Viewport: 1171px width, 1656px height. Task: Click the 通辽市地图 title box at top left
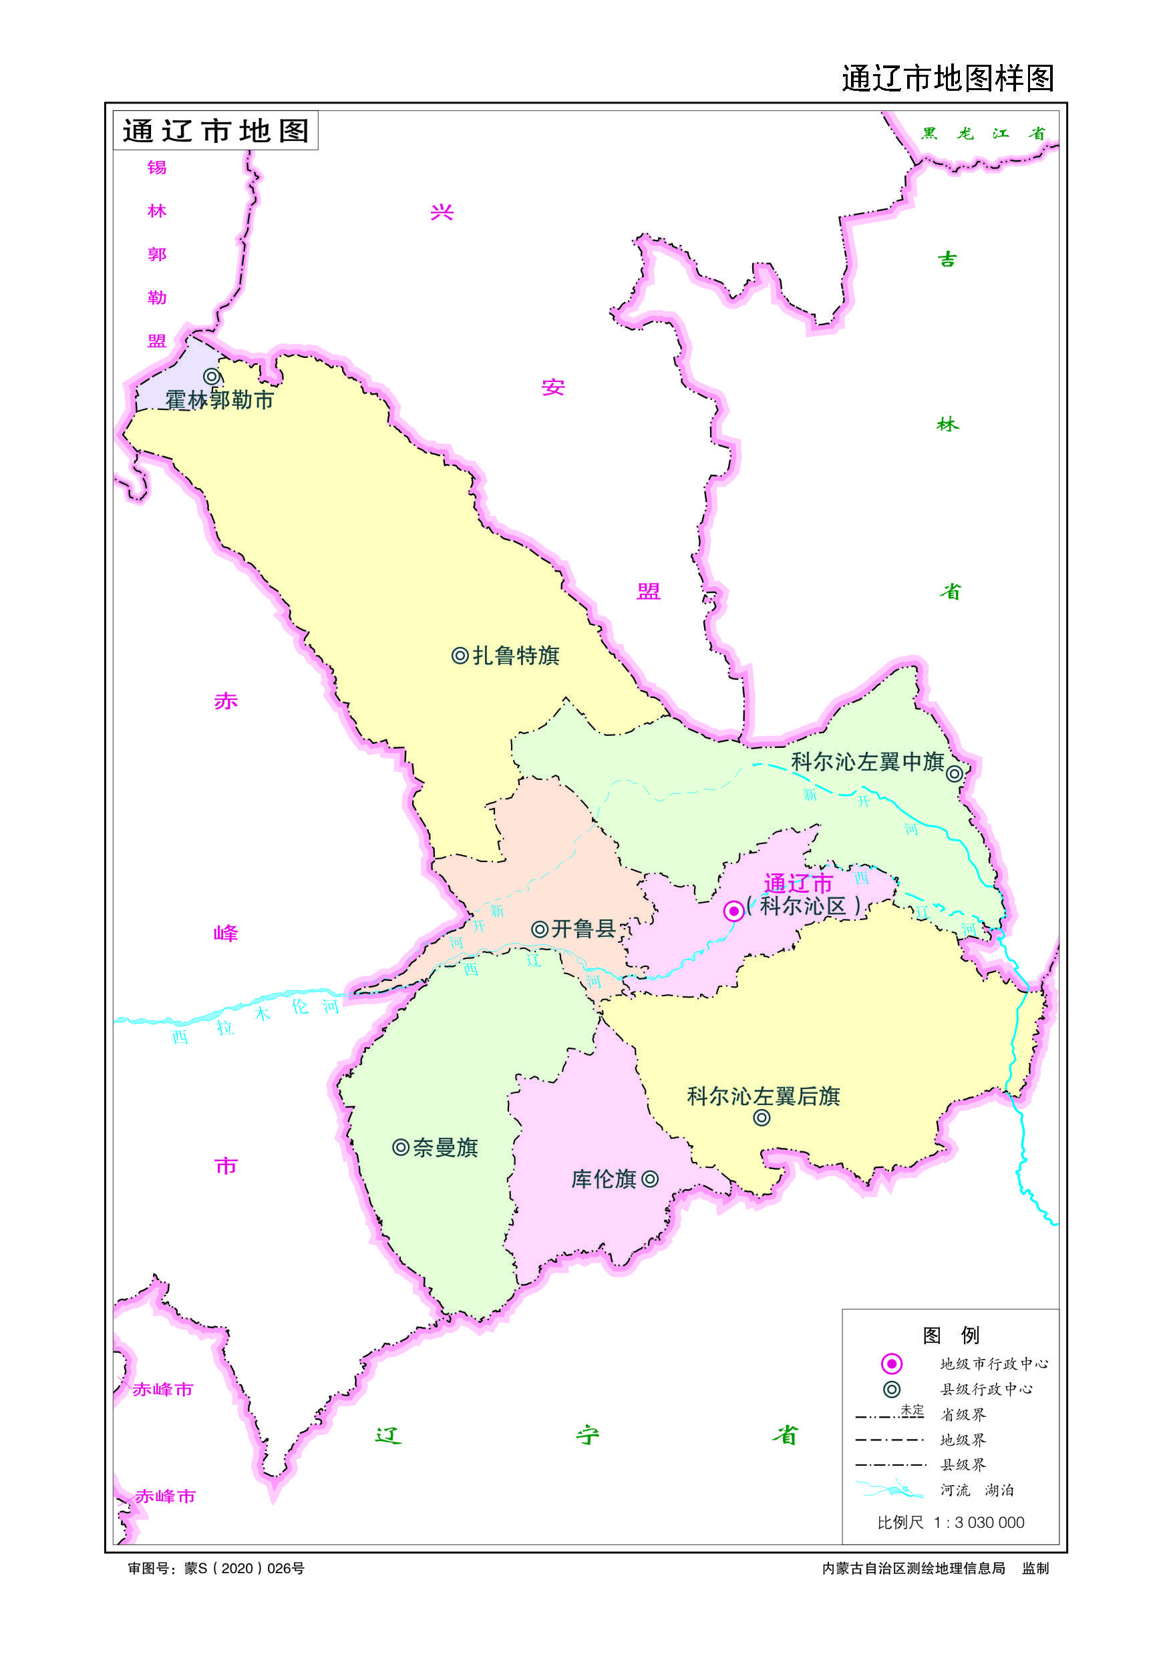click(x=215, y=131)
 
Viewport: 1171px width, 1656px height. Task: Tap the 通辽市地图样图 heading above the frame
click(x=947, y=78)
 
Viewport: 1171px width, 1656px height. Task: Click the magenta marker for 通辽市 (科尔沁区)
click(x=733, y=911)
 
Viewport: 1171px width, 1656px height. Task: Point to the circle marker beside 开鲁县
click(x=539, y=929)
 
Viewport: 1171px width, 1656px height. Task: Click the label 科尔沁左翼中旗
click(x=867, y=762)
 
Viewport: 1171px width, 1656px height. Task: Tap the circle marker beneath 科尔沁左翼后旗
click(x=762, y=1118)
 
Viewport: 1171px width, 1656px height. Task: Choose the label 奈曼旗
click(x=445, y=1148)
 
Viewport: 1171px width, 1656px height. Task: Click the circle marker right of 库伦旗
click(x=649, y=1179)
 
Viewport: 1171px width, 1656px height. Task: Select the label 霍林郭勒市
click(x=219, y=399)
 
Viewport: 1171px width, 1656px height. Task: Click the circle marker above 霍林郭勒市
click(x=211, y=377)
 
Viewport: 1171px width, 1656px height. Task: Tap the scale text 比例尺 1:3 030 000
click(x=950, y=1522)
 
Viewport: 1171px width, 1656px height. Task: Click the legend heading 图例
click(x=950, y=1335)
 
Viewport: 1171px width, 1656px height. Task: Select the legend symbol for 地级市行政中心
click(x=892, y=1363)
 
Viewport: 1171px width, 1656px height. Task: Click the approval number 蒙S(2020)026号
click(x=216, y=1568)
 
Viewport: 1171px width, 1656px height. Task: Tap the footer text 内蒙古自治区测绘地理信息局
click(x=912, y=1568)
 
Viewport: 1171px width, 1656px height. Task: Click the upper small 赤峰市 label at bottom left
click(x=163, y=1389)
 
